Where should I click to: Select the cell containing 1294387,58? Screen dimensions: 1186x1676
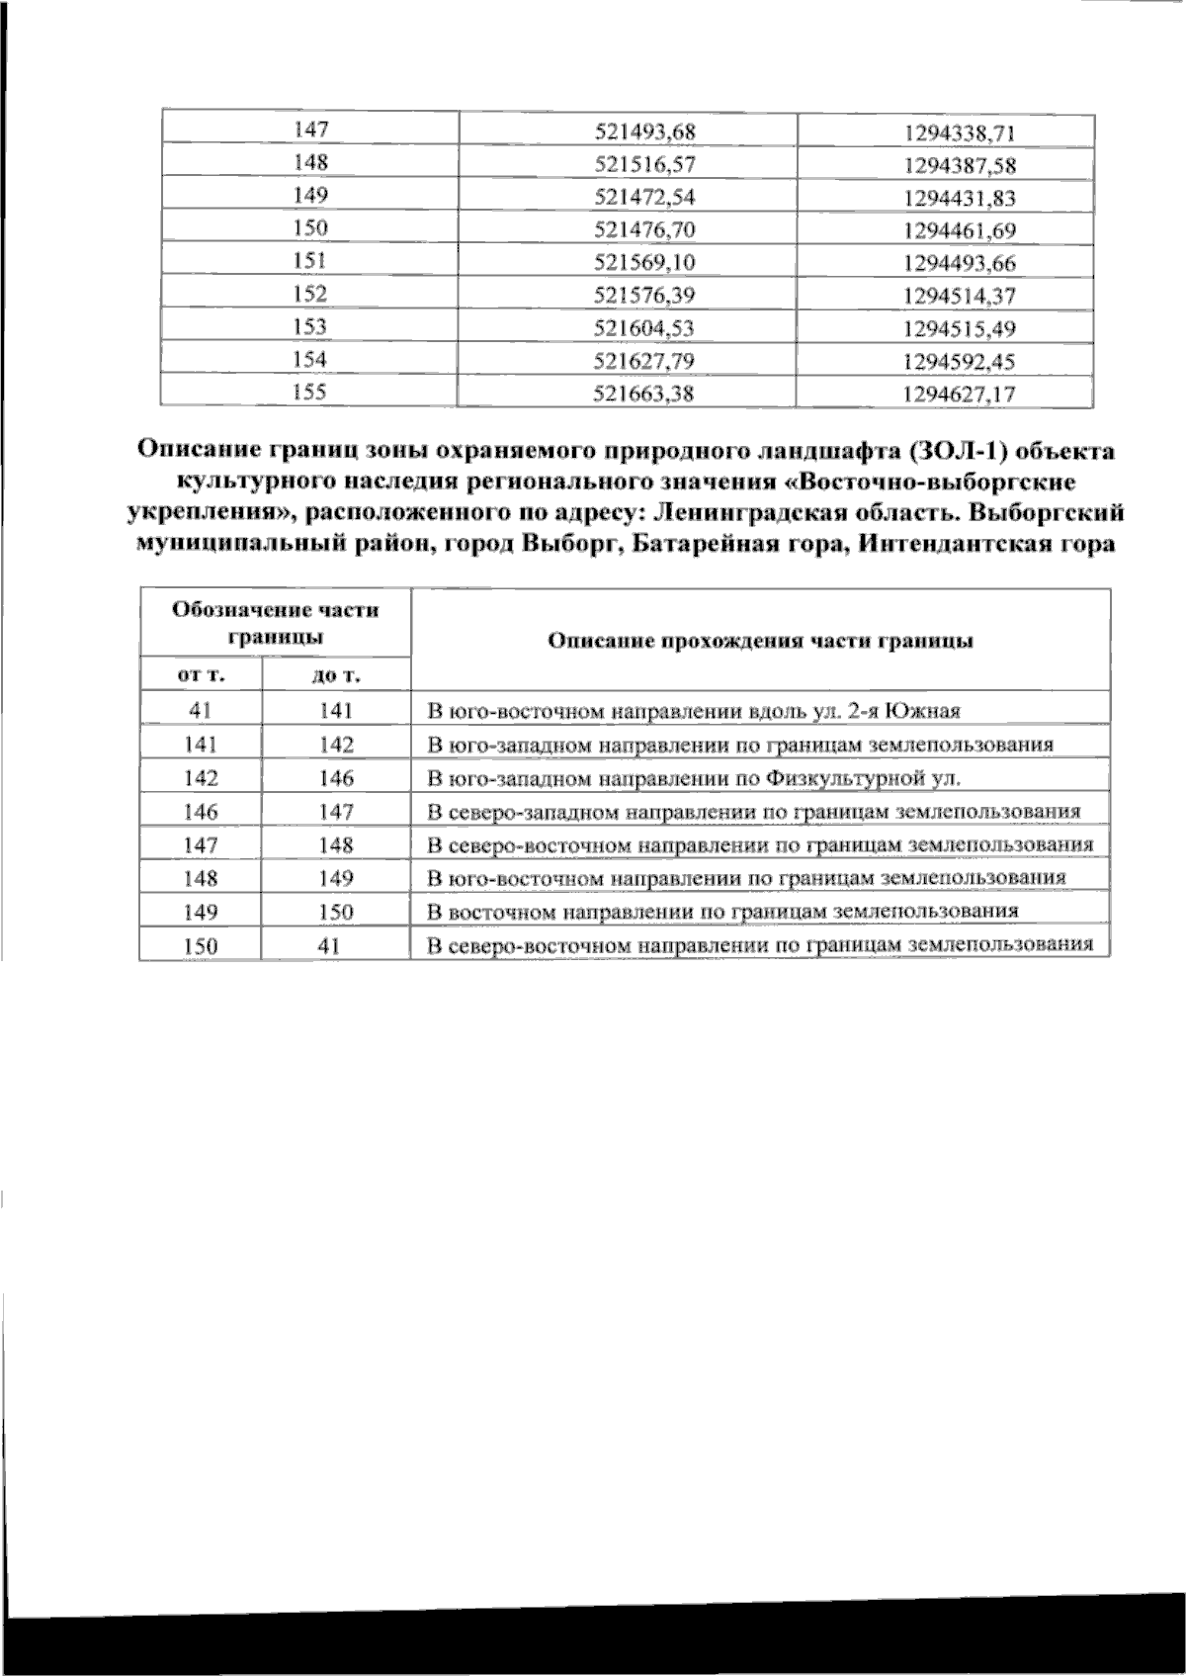click(x=945, y=164)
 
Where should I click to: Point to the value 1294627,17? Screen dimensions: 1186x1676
click(x=945, y=395)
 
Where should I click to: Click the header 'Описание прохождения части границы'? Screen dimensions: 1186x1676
click(x=760, y=641)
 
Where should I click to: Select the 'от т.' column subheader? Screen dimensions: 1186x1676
click(x=201, y=674)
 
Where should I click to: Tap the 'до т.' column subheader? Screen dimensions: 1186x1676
click(x=336, y=674)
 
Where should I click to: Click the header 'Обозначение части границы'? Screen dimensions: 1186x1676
click(x=275, y=623)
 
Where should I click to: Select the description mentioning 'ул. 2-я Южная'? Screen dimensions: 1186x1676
click(x=694, y=711)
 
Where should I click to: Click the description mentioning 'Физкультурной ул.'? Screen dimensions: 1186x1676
click(x=693, y=778)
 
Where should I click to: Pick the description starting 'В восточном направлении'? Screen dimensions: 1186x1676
click(x=721, y=911)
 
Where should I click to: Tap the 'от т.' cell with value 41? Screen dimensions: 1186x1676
click(x=201, y=710)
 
